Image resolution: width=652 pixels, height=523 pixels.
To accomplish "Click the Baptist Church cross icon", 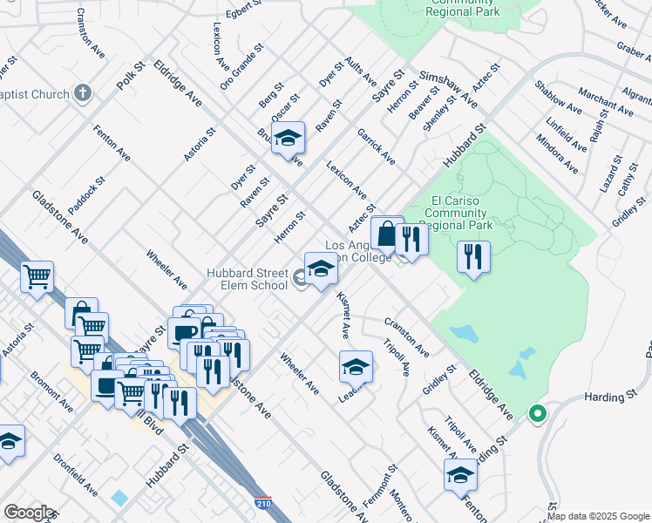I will click(83, 92).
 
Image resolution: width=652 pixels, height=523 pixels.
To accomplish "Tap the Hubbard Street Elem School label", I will click(247, 279).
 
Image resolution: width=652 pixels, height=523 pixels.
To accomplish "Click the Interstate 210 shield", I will click(262, 503).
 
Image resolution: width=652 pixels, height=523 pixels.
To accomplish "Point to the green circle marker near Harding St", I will click(538, 414).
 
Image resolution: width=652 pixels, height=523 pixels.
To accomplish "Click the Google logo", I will click(30, 513).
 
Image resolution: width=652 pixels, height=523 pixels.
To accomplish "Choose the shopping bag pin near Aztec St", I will click(386, 234).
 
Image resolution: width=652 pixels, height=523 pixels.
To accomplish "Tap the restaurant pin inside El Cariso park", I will click(473, 257).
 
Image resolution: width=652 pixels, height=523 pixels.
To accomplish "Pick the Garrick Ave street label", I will click(376, 146).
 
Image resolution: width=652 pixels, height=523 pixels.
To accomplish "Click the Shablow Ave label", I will click(558, 98).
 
